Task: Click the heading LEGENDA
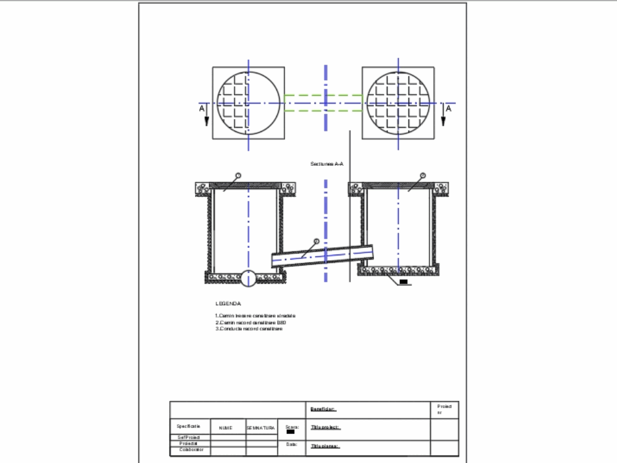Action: pos(228,303)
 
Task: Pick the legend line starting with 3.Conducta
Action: pos(249,329)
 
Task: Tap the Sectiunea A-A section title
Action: pos(327,164)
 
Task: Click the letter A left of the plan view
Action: pos(202,108)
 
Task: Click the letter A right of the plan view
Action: pos(449,108)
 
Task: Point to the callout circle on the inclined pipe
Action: pos(316,241)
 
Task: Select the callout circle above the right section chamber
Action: pos(423,176)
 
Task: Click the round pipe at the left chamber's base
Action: pos(248,278)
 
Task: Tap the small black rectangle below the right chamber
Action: pos(404,282)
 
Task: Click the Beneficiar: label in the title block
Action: pos(323,409)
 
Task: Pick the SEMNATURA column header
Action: pos(261,427)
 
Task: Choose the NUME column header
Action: pos(225,427)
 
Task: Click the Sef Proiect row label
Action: pos(189,437)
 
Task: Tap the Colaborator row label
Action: pos(191,450)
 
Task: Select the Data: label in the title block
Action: pos(292,444)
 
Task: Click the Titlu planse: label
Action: pos(326,446)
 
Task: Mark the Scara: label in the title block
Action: pos(292,426)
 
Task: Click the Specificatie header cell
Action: pos(188,426)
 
